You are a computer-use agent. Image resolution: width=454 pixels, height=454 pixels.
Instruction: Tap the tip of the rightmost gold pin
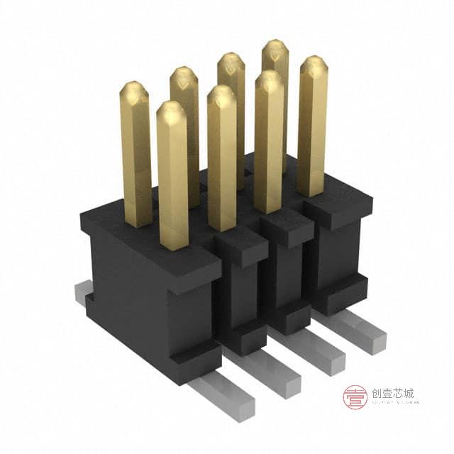[313, 62]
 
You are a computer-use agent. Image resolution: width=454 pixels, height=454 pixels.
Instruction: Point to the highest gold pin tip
[275, 45]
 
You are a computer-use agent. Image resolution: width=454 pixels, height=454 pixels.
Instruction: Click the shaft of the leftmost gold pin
[136, 163]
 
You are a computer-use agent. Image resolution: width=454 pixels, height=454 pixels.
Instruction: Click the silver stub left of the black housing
[83, 292]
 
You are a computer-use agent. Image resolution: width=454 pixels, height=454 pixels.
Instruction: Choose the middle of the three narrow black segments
[287, 277]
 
